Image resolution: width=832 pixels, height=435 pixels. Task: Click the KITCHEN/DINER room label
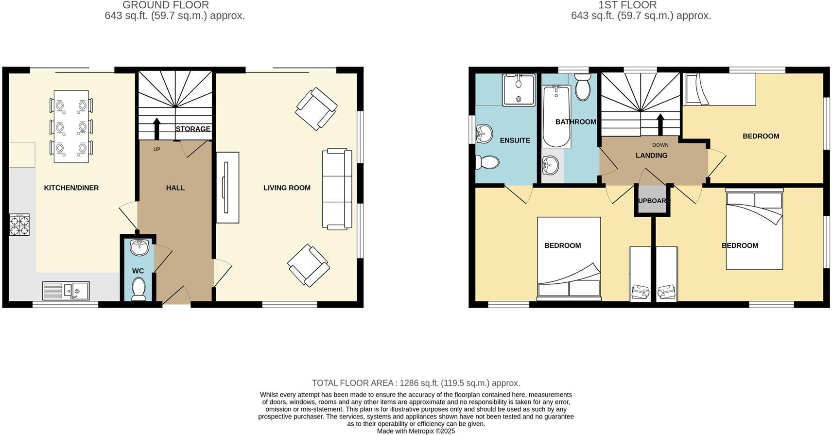pyautogui.click(x=71, y=188)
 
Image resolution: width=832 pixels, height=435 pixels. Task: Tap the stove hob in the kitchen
pyautogui.click(x=19, y=225)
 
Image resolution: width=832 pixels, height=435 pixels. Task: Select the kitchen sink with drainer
pyautogui.click(x=66, y=291)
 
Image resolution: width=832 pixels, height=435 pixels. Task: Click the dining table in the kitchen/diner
pyautogui.click(x=71, y=126)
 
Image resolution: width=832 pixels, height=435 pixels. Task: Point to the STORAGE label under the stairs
pyautogui.click(x=193, y=129)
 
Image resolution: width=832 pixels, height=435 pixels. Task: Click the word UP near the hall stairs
pyautogui.click(x=156, y=149)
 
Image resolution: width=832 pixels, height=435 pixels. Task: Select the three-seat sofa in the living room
pyautogui.click(x=337, y=189)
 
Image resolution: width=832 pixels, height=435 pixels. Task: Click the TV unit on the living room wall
pyautogui.click(x=227, y=188)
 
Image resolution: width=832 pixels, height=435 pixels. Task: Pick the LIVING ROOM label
pyautogui.click(x=287, y=188)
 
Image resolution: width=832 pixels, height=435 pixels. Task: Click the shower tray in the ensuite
pyautogui.click(x=519, y=90)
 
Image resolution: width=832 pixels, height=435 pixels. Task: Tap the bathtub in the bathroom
pyautogui.click(x=556, y=117)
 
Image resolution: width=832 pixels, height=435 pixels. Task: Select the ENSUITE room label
pyautogui.click(x=515, y=140)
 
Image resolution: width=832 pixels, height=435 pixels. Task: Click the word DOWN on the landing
pyautogui.click(x=660, y=145)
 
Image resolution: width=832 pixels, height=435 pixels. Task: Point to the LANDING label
pyautogui.click(x=651, y=156)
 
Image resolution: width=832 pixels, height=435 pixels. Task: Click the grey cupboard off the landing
pyautogui.click(x=652, y=201)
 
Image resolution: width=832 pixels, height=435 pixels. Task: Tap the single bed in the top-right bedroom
pyautogui.click(x=720, y=89)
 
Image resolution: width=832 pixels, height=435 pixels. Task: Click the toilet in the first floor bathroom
pyautogui.click(x=582, y=87)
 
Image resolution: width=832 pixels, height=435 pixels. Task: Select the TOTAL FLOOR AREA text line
pyautogui.click(x=416, y=383)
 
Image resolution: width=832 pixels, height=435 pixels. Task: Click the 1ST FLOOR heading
pyautogui.click(x=627, y=5)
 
